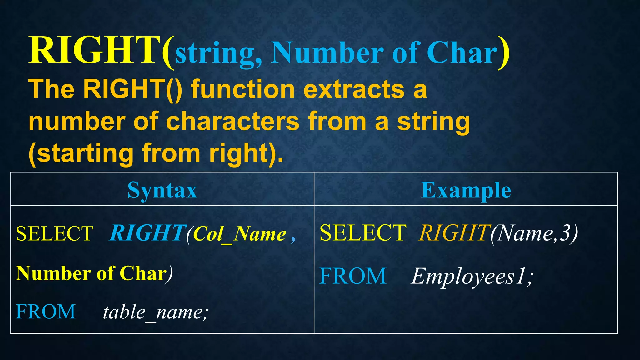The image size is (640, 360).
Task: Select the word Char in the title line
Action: click(462, 52)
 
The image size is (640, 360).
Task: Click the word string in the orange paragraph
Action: click(433, 122)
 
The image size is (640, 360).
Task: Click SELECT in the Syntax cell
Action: click(55, 233)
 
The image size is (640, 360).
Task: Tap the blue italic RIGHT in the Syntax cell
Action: click(147, 233)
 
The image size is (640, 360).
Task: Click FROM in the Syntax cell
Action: click(46, 312)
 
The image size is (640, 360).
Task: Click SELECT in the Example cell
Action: click(363, 233)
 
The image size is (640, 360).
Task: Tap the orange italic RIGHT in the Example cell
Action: click(454, 233)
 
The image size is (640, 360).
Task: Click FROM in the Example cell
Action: click(353, 276)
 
